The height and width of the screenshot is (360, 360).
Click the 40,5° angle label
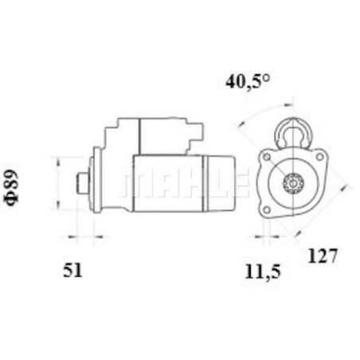pyautogui.click(x=248, y=81)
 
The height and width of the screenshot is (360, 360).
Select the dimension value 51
pyautogui.click(x=72, y=271)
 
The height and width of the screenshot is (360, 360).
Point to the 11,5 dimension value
pyautogui.click(x=263, y=272)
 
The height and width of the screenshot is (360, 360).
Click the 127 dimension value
pyautogui.click(x=323, y=256)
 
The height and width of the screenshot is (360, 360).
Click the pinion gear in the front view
pyautogui.click(x=292, y=183)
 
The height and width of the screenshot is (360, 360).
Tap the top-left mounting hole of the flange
pyautogui.click(x=267, y=157)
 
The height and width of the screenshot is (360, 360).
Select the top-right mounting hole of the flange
pyautogui.click(x=319, y=157)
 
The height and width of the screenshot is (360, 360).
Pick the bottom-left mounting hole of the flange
pyautogui.click(x=267, y=210)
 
